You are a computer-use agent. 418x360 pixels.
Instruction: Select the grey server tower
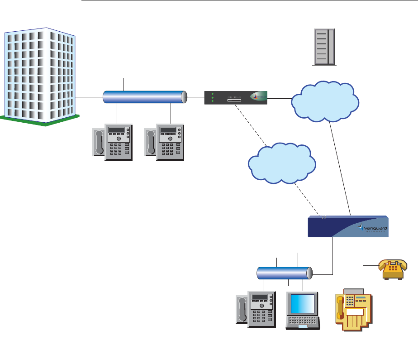pos(324,47)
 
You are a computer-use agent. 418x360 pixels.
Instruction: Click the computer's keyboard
pos(303,322)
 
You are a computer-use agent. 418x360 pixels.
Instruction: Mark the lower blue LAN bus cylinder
pos(284,274)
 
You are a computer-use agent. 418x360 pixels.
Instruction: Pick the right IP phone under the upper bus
pos(165,142)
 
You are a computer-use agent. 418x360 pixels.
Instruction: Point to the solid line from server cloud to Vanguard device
pos(340,168)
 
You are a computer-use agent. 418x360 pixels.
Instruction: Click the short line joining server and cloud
pos(324,73)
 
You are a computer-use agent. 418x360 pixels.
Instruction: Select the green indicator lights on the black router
pos(212,98)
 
